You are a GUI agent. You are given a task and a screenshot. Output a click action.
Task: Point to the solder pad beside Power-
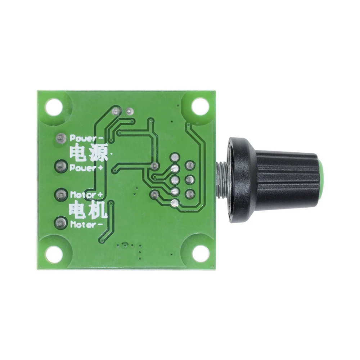click(x=60, y=138)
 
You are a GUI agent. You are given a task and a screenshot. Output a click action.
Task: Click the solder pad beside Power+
click(x=60, y=166)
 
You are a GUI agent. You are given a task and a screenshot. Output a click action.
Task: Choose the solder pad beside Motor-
click(x=60, y=222)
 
